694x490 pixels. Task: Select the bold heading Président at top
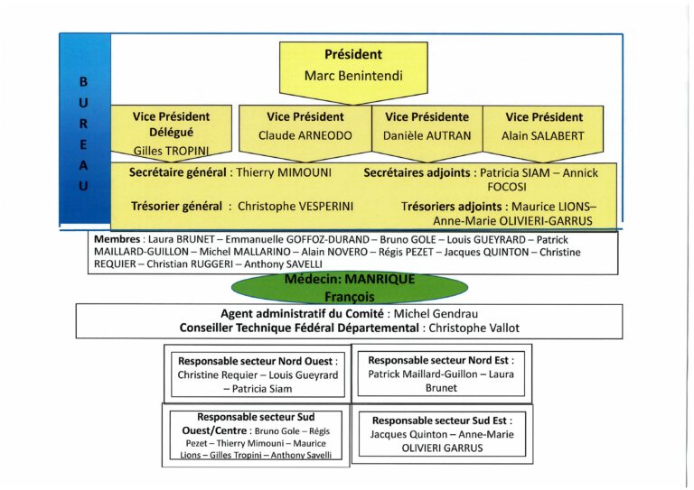point(353,54)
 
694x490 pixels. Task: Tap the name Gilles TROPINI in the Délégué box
point(171,151)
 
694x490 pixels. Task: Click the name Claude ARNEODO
point(305,136)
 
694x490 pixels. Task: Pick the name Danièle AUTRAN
point(427,136)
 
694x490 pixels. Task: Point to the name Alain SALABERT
point(543,136)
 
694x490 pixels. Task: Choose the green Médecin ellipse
point(350,287)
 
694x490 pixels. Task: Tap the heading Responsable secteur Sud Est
point(440,420)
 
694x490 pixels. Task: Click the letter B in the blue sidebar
point(84,81)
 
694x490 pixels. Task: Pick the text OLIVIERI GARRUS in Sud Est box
point(439,448)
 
